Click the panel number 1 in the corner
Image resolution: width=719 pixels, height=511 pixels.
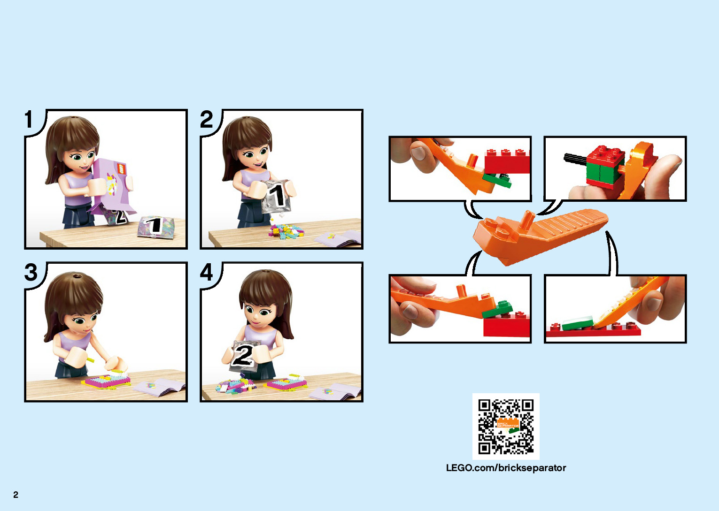(29, 119)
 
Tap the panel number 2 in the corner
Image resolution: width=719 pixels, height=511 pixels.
(206, 119)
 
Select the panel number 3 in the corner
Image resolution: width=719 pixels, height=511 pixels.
(31, 272)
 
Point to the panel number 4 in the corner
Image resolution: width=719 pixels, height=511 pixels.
(206, 272)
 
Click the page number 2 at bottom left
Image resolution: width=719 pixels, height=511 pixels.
(15, 495)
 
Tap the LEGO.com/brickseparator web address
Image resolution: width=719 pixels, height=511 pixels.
(506, 468)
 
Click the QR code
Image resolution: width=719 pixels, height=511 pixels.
(506, 427)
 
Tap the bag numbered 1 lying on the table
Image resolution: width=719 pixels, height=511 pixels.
(156, 227)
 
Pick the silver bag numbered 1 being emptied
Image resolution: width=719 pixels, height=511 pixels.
(276, 197)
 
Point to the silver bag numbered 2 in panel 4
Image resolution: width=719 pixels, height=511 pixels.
(243, 356)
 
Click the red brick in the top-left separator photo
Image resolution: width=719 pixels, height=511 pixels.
(507, 161)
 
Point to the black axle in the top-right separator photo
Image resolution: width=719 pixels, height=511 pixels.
(575, 158)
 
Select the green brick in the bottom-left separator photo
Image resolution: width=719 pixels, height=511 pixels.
(497, 309)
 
